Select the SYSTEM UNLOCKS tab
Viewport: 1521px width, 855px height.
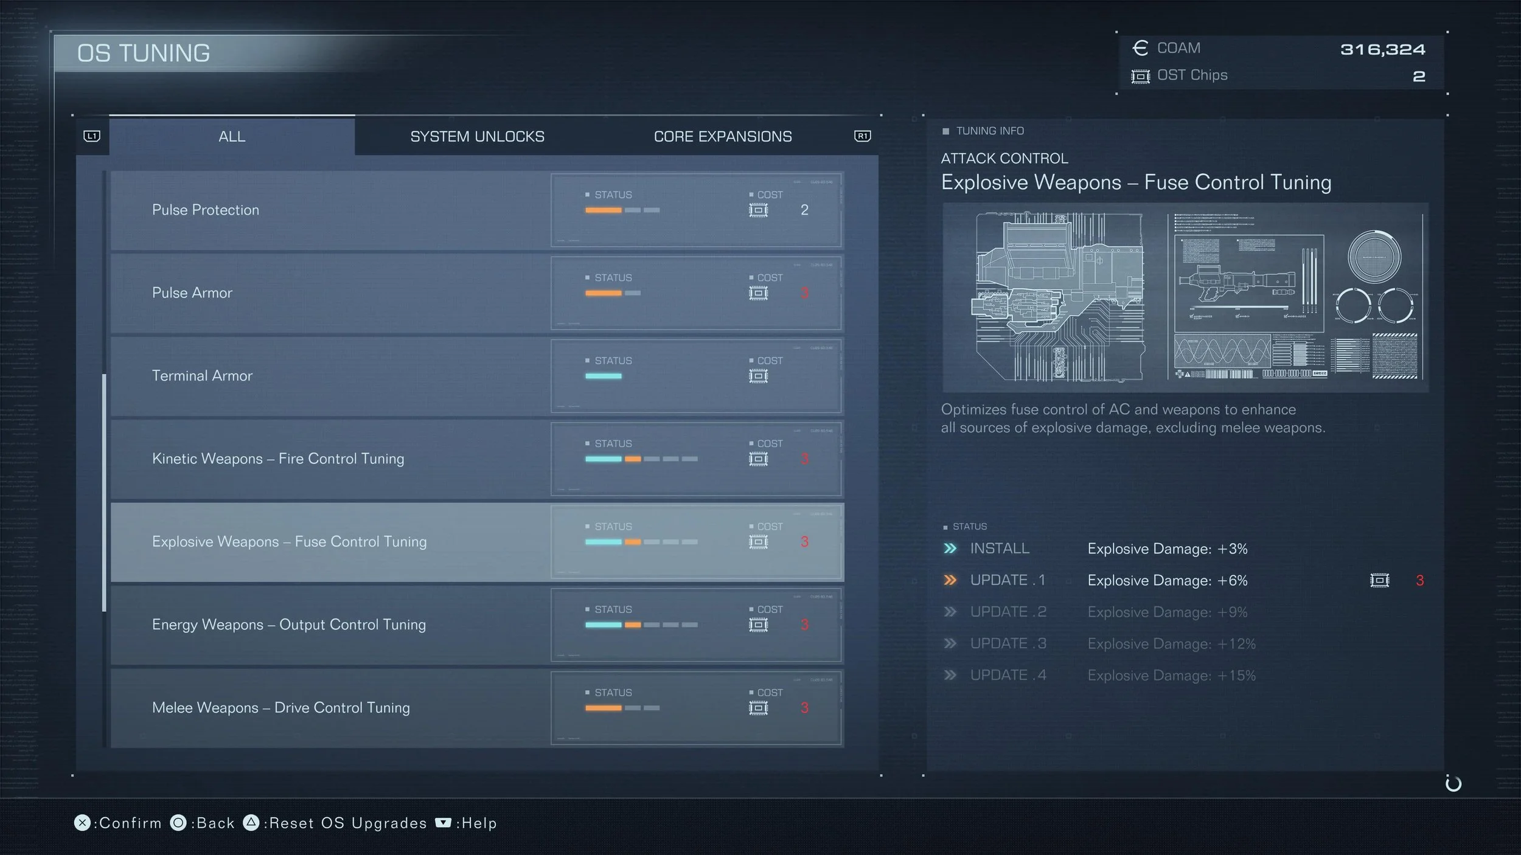[477, 136]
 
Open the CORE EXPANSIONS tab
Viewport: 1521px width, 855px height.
[723, 136]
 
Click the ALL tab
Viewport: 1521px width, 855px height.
[232, 136]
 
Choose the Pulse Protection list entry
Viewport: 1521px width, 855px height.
[206, 210]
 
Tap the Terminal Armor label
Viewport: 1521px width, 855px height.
[202, 376]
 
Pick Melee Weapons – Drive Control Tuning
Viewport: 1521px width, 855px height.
[281, 708]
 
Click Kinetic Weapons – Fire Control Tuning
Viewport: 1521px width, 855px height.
[278, 459]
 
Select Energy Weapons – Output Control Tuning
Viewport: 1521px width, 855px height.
[289, 625]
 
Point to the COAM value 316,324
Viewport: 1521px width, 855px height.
[1382, 49]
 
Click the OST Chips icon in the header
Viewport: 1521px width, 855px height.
[1140, 76]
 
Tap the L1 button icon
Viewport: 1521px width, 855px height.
[92, 136]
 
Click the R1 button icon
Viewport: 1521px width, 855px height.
[862, 136]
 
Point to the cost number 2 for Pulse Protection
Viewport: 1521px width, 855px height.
[804, 210]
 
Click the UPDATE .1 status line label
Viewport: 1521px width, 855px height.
[1008, 580]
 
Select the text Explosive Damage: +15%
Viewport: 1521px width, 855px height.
[1171, 675]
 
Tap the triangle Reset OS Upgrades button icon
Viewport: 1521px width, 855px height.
[251, 823]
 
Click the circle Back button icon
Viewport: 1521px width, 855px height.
[178, 823]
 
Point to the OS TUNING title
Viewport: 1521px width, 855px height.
[144, 54]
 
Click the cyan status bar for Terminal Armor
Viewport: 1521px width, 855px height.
[603, 376]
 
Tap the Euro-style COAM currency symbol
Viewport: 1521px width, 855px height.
[1140, 48]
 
